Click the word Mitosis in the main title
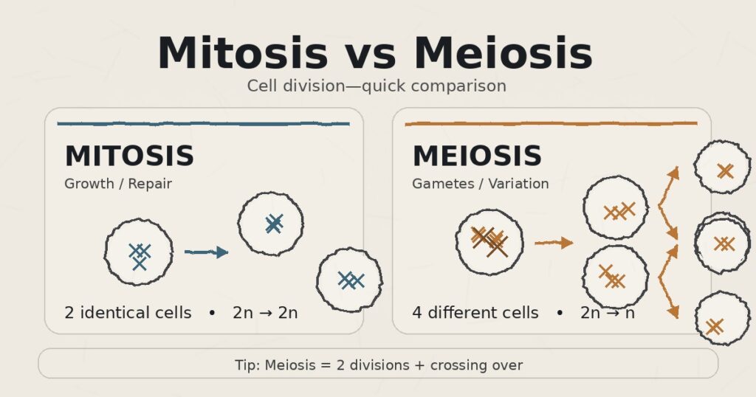coord(242,54)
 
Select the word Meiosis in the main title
coord(503,54)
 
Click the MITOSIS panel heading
coord(129,156)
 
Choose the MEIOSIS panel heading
coord(477,156)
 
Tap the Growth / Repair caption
coord(118,184)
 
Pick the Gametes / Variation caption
coord(481,184)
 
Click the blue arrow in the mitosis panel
coord(206,252)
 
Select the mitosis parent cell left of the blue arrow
coord(139,252)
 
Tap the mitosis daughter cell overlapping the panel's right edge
coord(349,280)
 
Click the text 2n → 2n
coord(265,313)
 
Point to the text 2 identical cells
coord(128,313)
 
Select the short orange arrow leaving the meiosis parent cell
coord(553,242)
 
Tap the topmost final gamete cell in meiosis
coord(722,168)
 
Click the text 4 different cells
coord(475,313)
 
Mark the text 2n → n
coord(608,313)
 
